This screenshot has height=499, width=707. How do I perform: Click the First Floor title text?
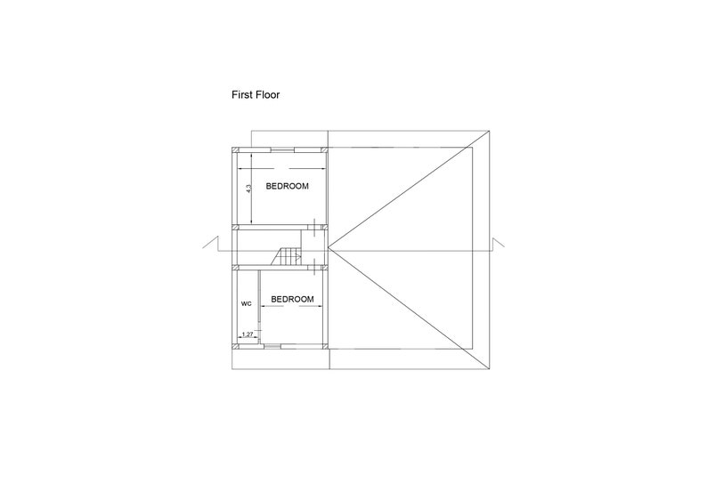pos(256,94)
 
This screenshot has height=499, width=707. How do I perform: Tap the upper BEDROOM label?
pos(288,186)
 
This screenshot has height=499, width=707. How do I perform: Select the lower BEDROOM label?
pos(292,299)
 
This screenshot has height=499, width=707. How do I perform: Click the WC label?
pos(246,304)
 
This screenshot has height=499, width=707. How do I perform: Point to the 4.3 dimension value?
pos(248,189)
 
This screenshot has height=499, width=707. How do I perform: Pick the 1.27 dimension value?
pos(247,334)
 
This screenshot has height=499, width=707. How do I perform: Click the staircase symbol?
pos(287,257)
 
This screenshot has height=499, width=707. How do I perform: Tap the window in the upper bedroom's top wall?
pos(282,149)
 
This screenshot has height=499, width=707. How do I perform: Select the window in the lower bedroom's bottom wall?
pos(272,346)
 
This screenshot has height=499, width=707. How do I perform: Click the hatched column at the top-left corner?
pos(234,149)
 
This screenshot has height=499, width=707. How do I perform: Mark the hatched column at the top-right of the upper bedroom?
pos(325,149)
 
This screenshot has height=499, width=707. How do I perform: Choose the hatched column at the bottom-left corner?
pos(235,346)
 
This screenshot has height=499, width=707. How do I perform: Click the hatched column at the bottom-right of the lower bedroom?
pos(325,346)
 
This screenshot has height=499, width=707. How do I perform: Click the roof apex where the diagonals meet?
pos(328,246)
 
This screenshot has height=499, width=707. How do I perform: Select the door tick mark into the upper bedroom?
pos(313,227)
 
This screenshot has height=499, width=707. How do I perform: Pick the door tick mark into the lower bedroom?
pos(313,267)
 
